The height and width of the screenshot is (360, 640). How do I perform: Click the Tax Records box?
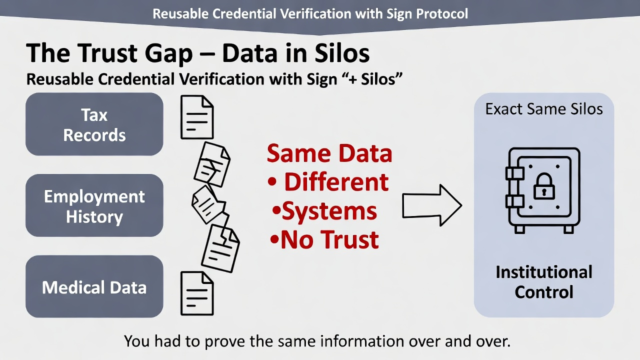coord(94,124)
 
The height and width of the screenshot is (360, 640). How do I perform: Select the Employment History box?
coord(94,205)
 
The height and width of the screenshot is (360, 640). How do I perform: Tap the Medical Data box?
coord(94,287)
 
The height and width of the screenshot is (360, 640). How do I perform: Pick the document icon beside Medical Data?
coord(196,293)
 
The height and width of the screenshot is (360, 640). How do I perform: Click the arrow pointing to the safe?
coord(431,205)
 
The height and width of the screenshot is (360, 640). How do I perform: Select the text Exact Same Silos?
coord(544,108)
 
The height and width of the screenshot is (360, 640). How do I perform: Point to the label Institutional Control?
coord(544,282)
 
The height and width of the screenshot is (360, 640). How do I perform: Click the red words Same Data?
coord(329,153)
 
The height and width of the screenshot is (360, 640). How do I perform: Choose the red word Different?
coord(336,182)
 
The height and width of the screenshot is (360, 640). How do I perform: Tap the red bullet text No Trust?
coord(330,240)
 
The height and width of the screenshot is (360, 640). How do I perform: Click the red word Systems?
coord(329,211)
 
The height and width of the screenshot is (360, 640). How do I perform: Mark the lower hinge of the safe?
coord(514,201)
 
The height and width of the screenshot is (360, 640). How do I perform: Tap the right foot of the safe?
coord(568,228)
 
